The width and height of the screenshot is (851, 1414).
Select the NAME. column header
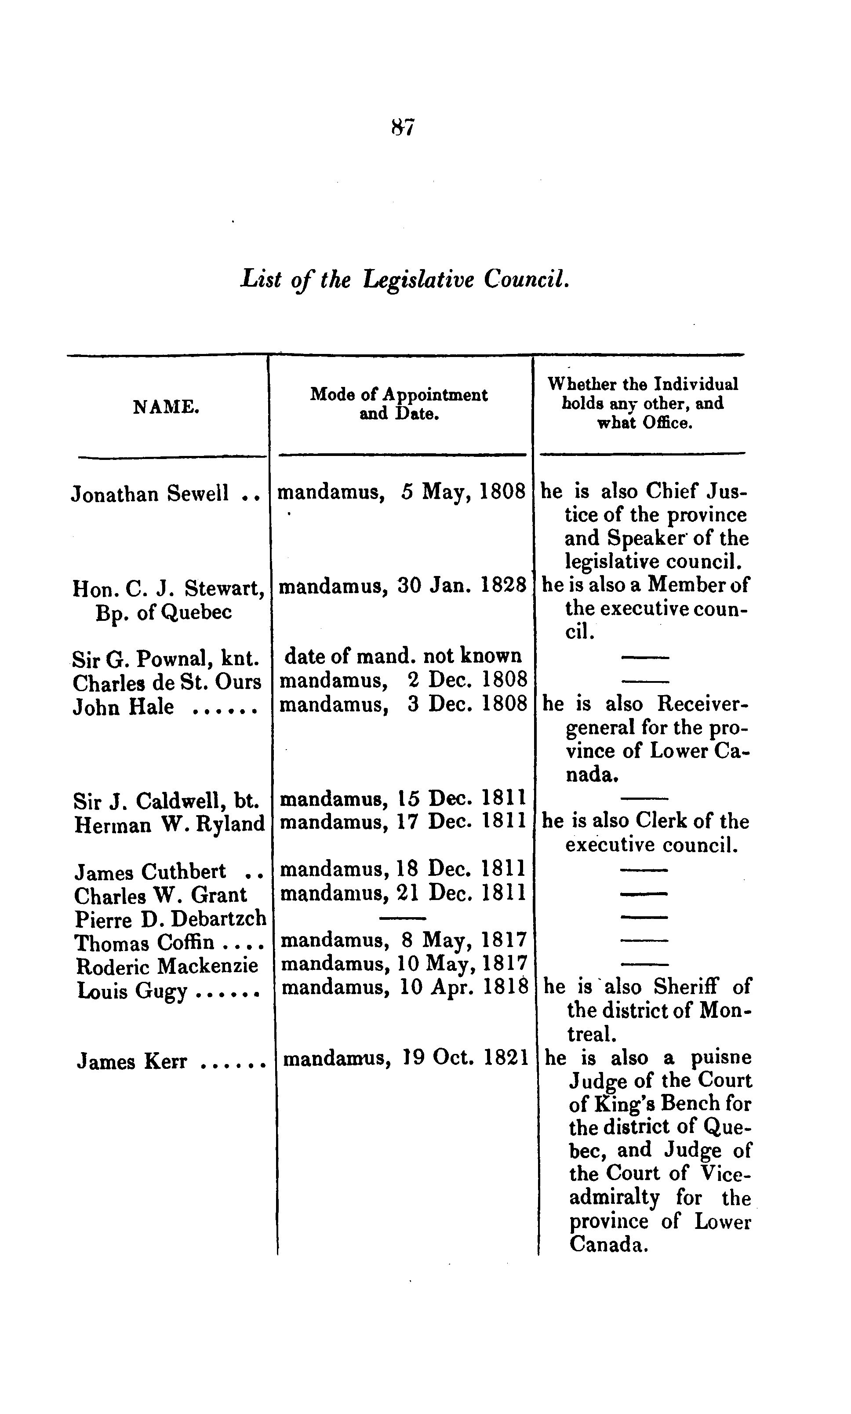point(166,407)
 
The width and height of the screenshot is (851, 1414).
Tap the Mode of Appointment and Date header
point(399,404)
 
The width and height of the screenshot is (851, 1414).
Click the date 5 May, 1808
point(463,492)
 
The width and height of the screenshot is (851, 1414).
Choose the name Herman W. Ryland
point(169,824)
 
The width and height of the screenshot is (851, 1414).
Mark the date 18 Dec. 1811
point(461,870)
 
